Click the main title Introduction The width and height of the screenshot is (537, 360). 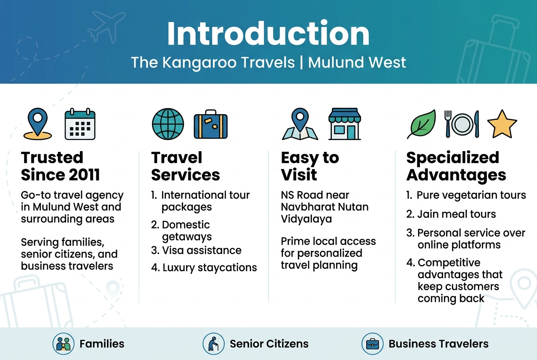(x=268, y=34)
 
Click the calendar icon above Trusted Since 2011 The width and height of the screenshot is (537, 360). (x=80, y=124)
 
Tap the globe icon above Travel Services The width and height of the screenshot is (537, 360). (x=168, y=124)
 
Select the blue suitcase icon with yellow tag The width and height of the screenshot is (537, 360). (x=210, y=125)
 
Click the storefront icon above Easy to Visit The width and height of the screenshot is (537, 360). (x=345, y=124)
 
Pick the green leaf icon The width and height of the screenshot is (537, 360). (x=421, y=124)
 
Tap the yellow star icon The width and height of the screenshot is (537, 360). (x=502, y=124)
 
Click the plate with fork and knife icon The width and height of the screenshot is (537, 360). (x=461, y=124)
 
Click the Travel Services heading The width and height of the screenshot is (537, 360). (x=185, y=166)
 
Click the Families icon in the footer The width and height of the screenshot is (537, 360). (x=63, y=343)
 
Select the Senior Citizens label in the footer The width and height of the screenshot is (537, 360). (x=269, y=343)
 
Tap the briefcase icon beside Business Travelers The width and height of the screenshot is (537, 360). (x=372, y=343)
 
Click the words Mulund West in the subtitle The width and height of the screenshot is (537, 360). (x=357, y=62)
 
